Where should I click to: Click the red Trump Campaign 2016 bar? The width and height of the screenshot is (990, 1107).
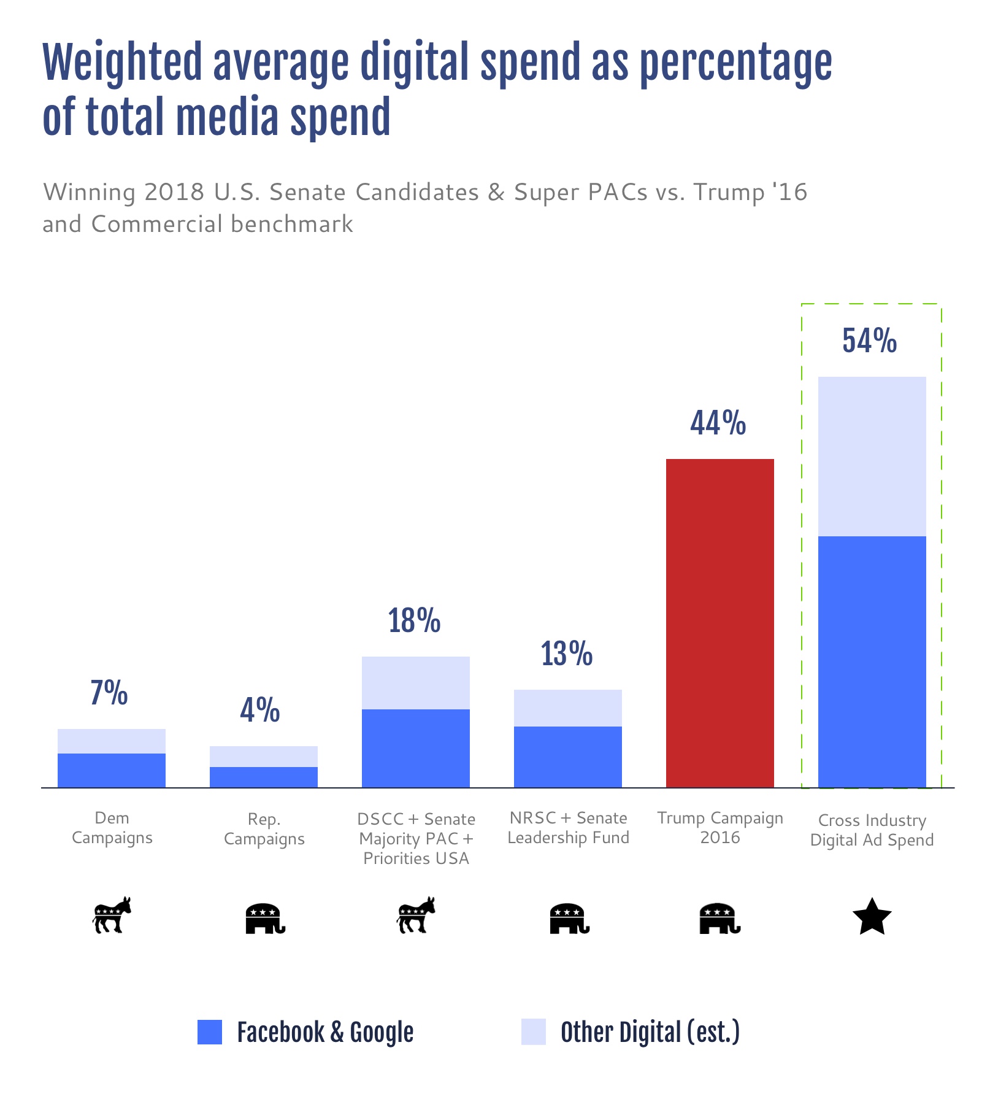(x=719, y=623)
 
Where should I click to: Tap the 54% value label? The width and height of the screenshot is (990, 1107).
(x=869, y=341)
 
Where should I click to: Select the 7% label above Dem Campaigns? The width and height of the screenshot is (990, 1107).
(x=109, y=693)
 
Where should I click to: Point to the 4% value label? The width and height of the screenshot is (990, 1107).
(x=260, y=711)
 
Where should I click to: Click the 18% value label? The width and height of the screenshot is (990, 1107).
(x=414, y=621)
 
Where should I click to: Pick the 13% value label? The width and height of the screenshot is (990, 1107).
(x=566, y=654)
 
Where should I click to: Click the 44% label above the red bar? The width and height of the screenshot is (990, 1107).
(x=718, y=423)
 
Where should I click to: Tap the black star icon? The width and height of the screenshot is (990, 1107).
(x=872, y=917)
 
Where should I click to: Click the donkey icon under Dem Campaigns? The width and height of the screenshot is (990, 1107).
(x=112, y=916)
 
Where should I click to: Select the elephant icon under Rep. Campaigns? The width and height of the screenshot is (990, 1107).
(x=265, y=919)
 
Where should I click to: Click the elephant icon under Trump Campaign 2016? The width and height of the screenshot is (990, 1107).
(x=720, y=919)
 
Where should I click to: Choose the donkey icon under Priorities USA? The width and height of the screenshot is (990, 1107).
(x=416, y=916)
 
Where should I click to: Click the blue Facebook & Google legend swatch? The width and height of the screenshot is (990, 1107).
(x=209, y=1032)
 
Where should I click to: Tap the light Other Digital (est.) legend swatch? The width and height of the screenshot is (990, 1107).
(x=533, y=1032)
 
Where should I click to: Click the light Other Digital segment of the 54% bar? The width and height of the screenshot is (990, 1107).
(x=872, y=456)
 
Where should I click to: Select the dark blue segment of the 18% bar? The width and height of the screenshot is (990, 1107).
(x=415, y=748)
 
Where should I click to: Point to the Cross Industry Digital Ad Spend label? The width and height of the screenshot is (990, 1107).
(x=872, y=830)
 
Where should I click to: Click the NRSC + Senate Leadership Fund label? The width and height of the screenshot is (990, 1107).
(x=568, y=828)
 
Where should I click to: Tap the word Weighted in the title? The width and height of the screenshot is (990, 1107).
(x=121, y=63)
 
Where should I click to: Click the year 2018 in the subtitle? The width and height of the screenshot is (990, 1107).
(x=174, y=192)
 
